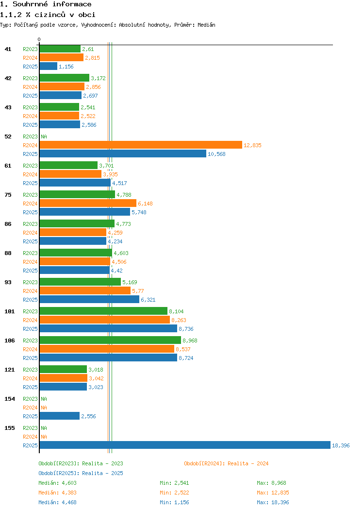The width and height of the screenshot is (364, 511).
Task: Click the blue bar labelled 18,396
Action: [x=185, y=445]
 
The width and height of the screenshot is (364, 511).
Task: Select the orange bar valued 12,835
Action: [x=141, y=145]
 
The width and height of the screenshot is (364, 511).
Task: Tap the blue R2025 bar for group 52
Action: [x=123, y=154]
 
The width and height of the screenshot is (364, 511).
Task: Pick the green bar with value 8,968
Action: [x=110, y=340]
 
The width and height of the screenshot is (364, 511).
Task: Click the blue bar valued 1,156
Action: [x=49, y=67]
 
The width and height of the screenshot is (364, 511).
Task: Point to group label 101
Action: [x=9, y=311]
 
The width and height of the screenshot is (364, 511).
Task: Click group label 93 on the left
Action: [x=8, y=282]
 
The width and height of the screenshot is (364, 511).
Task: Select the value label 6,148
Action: [x=145, y=204]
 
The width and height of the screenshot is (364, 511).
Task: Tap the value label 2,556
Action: [x=88, y=416]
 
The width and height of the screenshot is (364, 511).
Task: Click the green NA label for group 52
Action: [x=44, y=136]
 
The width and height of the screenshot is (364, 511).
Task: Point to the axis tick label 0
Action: [x=39, y=39]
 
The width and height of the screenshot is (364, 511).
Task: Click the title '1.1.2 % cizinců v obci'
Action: [x=48, y=15]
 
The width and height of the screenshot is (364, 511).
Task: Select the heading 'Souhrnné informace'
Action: [x=52, y=4]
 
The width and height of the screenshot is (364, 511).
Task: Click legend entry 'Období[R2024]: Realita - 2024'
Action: [x=226, y=463]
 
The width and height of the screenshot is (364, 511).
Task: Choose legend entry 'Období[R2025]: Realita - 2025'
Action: [x=81, y=473]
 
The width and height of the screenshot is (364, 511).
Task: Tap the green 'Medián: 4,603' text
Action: [x=58, y=483]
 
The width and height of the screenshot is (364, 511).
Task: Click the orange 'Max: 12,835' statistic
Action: [x=273, y=493]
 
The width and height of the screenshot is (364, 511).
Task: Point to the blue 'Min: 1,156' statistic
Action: [x=174, y=503]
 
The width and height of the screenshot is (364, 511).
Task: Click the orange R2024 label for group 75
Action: [x=30, y=204]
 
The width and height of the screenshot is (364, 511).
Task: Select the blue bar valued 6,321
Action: [x=89, y=300]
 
